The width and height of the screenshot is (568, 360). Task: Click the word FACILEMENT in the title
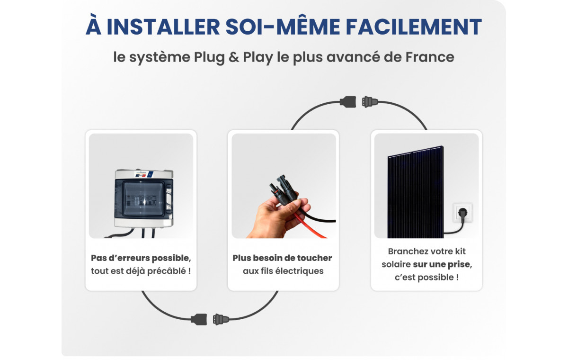point(414,27)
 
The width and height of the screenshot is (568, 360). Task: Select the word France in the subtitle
point(430,57)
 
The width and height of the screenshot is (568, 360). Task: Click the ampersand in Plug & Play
point(234,57)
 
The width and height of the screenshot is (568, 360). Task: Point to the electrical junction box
point(144,198)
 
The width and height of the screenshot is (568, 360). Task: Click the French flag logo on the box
point(141,175)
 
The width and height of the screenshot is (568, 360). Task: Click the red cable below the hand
point(311,226)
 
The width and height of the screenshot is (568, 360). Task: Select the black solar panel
point(416,192)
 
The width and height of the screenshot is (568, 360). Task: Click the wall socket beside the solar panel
point(462,213)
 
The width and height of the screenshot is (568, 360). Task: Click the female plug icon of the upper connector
point(348,102)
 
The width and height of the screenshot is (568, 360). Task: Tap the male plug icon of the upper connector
point(370,102)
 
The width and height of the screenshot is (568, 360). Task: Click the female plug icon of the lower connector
point(199,319)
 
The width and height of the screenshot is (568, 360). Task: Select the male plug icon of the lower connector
point(221,319)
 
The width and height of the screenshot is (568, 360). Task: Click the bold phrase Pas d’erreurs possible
point(141,258)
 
